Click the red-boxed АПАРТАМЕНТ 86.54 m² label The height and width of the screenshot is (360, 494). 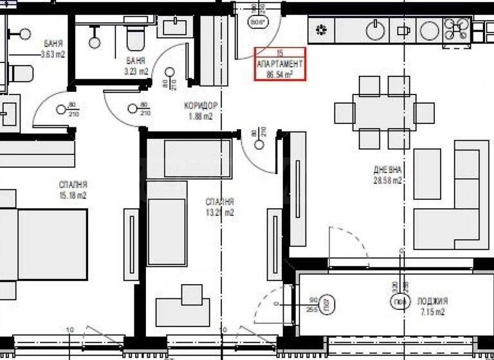280,64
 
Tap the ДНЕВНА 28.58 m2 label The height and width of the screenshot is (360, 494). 387,175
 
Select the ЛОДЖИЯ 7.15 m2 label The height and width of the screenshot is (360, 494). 431,307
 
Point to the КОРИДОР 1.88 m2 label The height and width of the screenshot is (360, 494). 200,111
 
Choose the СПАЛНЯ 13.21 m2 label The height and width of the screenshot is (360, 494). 219,206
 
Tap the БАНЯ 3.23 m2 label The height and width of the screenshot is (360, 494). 136,66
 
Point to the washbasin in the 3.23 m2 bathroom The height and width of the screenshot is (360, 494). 173,27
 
